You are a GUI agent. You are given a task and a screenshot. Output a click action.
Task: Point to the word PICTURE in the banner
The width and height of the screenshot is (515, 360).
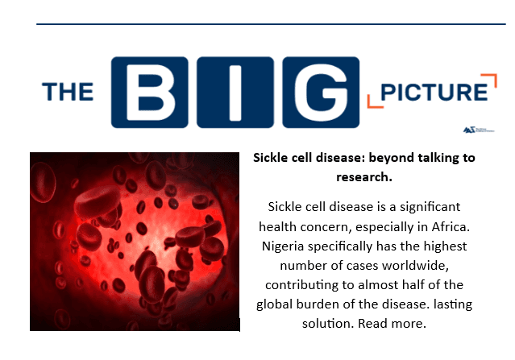[x=436, y=91]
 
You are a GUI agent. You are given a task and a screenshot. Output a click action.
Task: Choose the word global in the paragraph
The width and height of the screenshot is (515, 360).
[x=276, y=304]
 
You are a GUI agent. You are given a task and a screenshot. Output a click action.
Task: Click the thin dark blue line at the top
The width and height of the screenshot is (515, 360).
[x=271, y=25]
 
